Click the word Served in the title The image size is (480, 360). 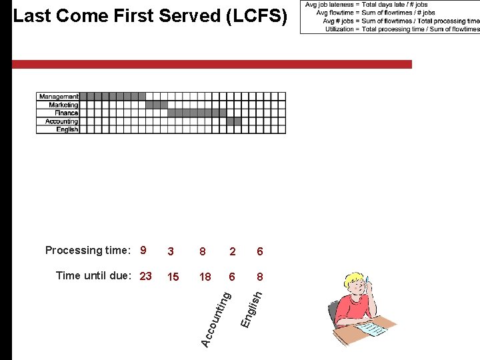click(193, 16)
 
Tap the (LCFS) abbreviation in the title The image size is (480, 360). click(257, 16)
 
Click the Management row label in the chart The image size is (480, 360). click(58, 97)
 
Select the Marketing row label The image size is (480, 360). click(63, 105)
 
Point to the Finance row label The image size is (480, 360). click(67, 113)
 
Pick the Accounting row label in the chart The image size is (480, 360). click(61, 121)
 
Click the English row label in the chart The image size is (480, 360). click(67, 129)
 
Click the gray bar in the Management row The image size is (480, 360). click(112, 97)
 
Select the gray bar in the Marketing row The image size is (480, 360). click(157, 105)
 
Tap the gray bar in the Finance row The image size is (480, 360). click(197, 113)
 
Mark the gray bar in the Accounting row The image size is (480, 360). click(234, 121)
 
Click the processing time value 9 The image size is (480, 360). click(143, 251)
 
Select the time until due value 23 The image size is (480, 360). click(146, 276)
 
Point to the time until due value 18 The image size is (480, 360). click(205, 277)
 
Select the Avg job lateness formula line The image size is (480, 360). click(366, 5)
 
